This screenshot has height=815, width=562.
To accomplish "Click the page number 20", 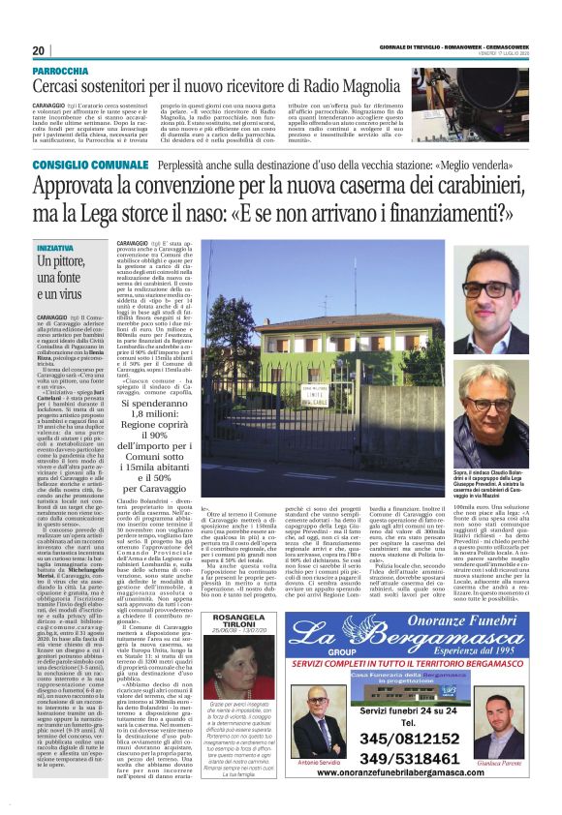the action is coord(38,51).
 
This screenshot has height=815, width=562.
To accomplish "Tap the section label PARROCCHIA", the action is coord(66,73).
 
